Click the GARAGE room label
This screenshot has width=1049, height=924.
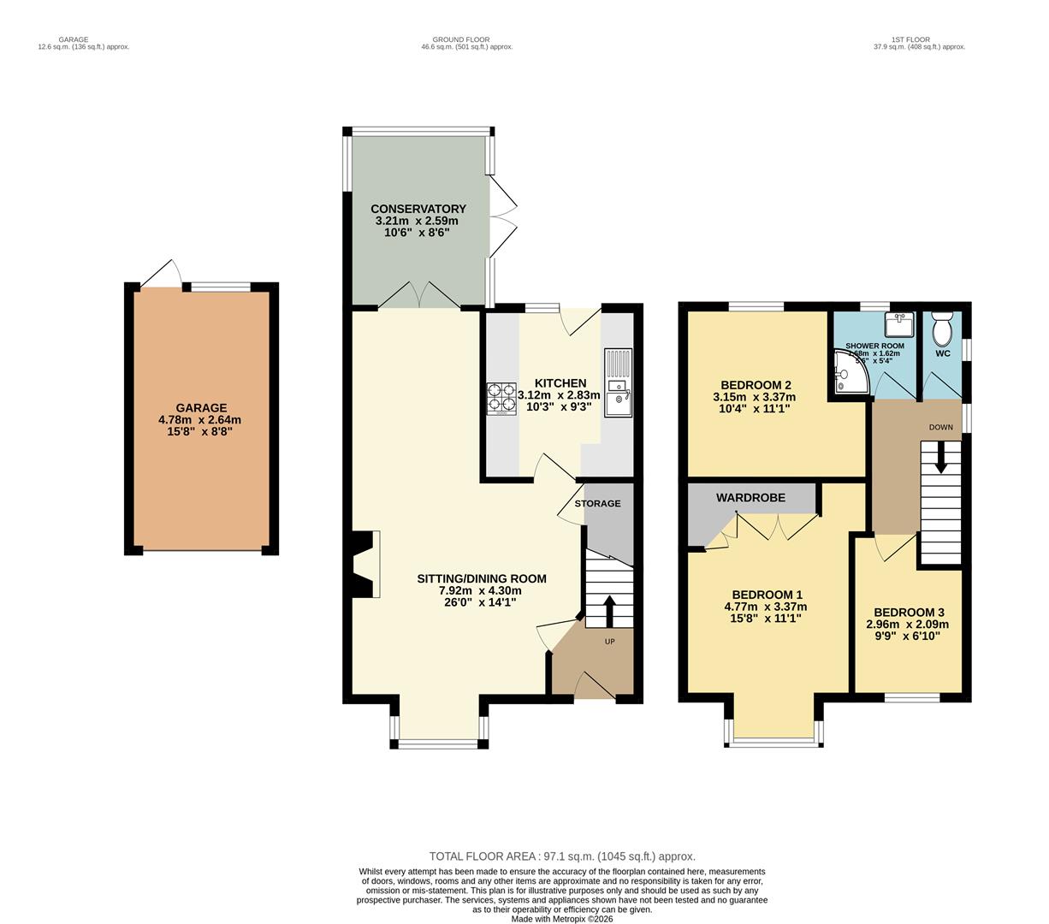[x=201, y=408]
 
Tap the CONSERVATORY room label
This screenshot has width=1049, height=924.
[x=418, y=209]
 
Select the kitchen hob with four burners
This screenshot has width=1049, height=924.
[x=502, y=399]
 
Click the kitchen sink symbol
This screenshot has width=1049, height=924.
[x=618, y=382]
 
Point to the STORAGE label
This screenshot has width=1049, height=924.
[x=597, y=503]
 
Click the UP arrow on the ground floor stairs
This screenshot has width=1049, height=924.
[x=609, y=611]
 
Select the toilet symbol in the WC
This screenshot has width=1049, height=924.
[x=942, y=328]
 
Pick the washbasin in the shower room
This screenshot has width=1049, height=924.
[x=898, y=325]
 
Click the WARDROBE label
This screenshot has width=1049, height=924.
[x=745, y=497]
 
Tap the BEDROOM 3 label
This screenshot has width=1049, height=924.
[x=909, y=613]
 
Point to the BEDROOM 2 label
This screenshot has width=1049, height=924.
[x=755, y=385]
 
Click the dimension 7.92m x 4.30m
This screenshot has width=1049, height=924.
[x=480, y=590]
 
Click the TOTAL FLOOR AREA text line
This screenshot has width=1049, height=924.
[x=561, y=856]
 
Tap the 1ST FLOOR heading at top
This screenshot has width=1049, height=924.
[x=910, y=39]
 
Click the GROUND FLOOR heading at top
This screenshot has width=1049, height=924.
[x=460, y=39]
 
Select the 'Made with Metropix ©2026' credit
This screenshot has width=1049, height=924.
[x=561, y=920]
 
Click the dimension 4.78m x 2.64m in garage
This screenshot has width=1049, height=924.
[x=199, y=420]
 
